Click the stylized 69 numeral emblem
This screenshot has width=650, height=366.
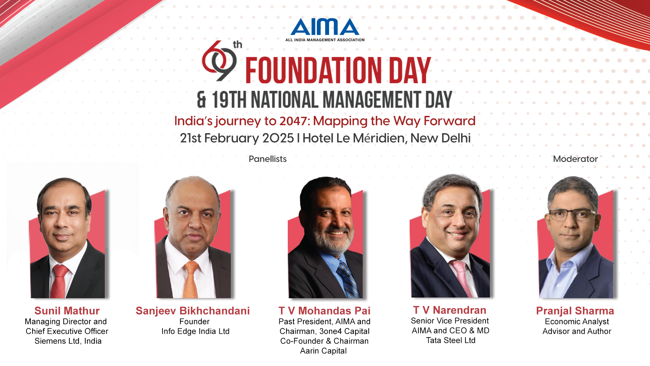[219, 61]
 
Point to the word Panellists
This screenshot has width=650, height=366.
[267, 159]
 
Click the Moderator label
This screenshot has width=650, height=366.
[575, 159]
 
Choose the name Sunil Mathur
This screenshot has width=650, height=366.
[67, 311]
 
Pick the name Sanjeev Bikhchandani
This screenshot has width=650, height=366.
[193, 311]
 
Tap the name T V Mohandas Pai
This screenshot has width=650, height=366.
[324, 311]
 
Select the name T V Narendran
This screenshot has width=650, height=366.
[450, 310]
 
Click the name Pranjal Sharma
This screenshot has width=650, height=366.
[575, 311]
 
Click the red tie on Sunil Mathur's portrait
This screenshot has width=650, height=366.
[60, 281]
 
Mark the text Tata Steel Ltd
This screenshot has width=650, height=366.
[451, 340]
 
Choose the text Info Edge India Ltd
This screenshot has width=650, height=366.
[195, 331]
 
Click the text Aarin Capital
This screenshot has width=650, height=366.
[323, 351]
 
